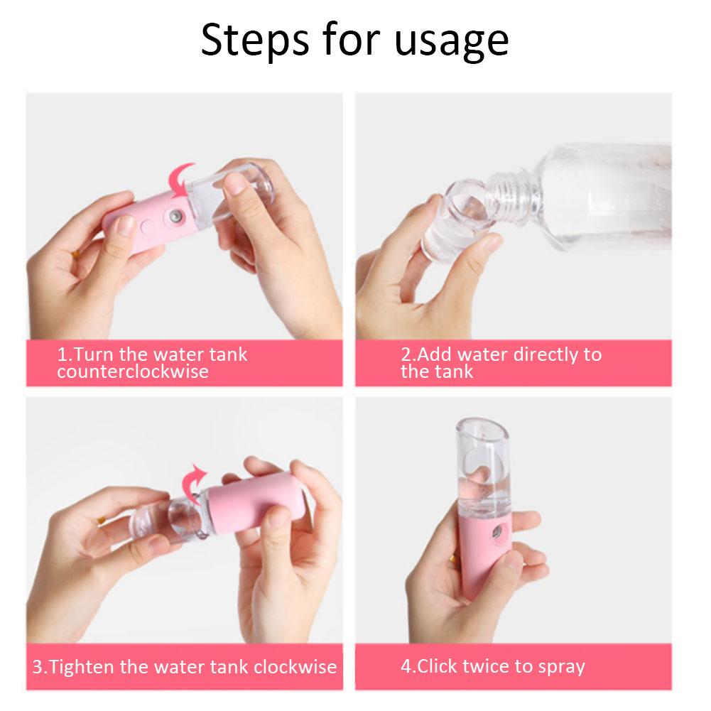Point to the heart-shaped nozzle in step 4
(x=492, y=531)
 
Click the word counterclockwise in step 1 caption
(x=133, y=371)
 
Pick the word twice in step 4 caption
(x=487, y=666)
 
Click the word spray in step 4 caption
(x=560, y=667)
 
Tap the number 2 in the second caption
(x=405, y=354)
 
